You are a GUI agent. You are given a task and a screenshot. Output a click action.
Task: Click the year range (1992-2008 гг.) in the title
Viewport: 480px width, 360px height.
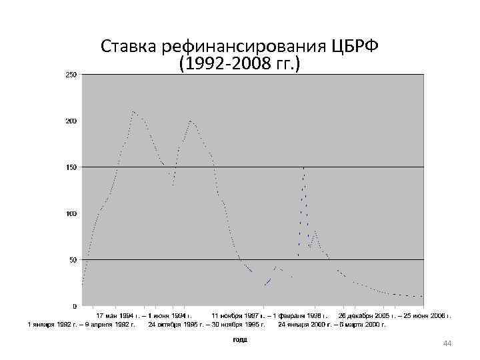(240, 65)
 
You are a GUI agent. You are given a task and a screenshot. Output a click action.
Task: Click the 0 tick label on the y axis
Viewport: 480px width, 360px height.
(75, 306)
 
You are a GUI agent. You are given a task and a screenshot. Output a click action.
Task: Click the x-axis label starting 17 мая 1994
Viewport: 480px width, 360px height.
(145, 315)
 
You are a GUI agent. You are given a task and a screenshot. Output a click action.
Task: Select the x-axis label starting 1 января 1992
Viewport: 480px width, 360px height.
(81, 324)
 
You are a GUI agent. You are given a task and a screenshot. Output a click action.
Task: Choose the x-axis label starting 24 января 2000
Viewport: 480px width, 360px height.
(332, 324)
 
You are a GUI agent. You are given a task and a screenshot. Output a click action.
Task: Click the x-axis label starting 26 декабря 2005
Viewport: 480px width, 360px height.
(395, 315)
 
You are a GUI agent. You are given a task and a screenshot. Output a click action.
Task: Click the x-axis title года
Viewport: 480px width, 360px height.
(240, 339)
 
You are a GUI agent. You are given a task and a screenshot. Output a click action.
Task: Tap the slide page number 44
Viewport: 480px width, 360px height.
(447, 343)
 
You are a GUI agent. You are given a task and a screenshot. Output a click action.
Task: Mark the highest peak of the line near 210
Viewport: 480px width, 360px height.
(133, 111)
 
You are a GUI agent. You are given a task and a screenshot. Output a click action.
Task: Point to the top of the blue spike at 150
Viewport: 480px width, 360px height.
(304, 167)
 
